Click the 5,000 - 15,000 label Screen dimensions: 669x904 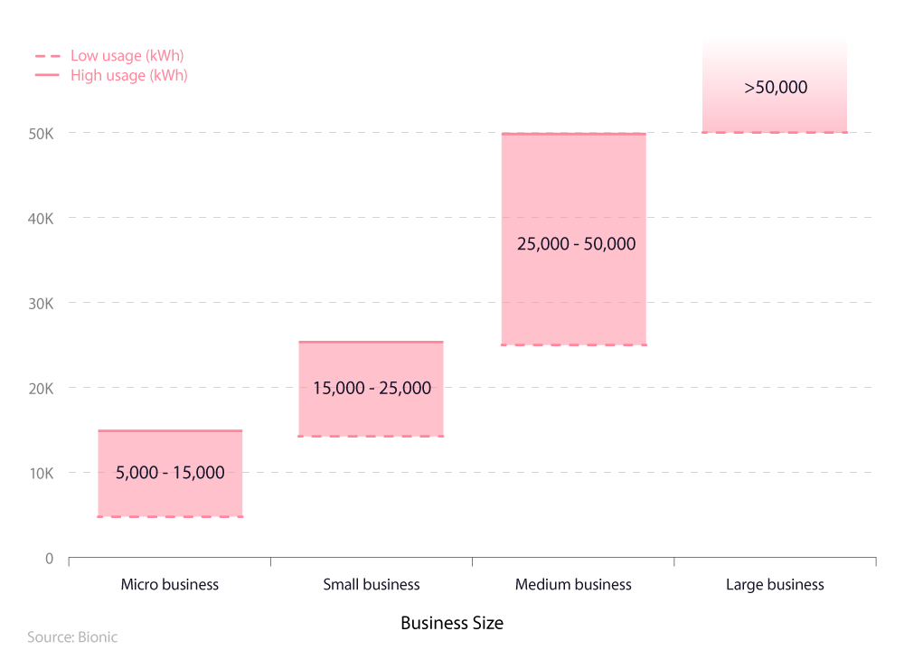[170, 472]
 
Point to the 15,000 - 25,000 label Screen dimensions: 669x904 [372, 388]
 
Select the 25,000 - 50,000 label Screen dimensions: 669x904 [576, 244]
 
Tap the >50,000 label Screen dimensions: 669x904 [776, 88]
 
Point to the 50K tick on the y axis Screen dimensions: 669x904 [41, 133]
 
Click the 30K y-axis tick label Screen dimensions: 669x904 [41, 303]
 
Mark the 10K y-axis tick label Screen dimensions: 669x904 [41, 473]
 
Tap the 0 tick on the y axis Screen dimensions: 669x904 [49, 558]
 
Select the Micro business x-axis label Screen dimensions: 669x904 [170, 584]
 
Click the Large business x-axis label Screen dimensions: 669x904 [775, 584]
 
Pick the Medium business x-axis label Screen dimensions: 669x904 [573, 584]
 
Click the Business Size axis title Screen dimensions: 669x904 [452, 623]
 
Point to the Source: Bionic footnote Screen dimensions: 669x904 [72, 637]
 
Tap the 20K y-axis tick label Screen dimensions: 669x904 [41, 388]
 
